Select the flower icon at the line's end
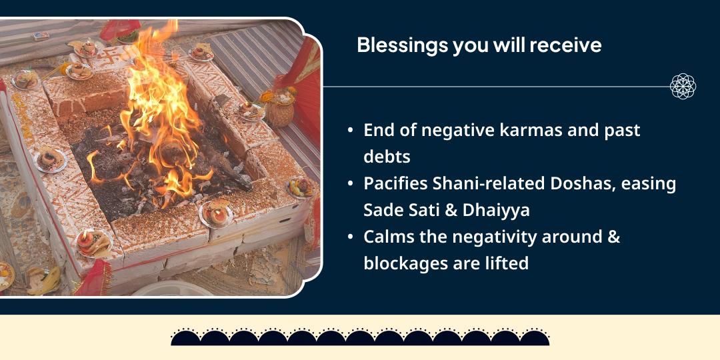click(x=683, y=87)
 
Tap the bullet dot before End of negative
click(x=351, y=130)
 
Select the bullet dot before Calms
click(x=351, y=237)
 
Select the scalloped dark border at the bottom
click(x=360, y=337)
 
